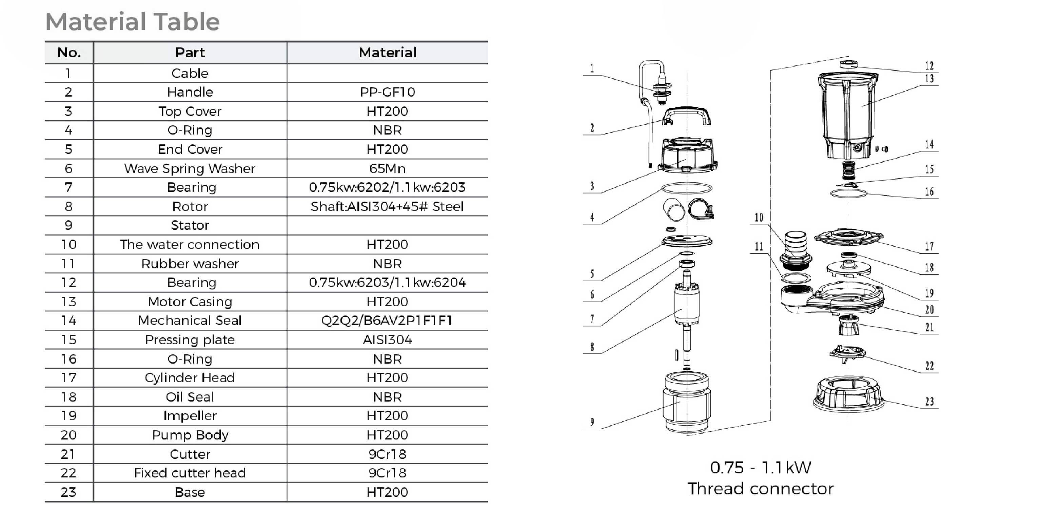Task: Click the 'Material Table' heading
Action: [x=133, y=22]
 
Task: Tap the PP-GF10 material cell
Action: [x=387, y=92]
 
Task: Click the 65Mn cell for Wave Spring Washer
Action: [x=387, y=168]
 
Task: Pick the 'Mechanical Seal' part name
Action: [x=190, y=320]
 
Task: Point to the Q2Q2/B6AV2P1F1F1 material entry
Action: [x=387, y=320]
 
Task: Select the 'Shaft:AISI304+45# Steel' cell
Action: [x=387, y=206]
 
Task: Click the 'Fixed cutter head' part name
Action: [x=190, y=473]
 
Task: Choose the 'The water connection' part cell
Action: [x=190, y=244]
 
